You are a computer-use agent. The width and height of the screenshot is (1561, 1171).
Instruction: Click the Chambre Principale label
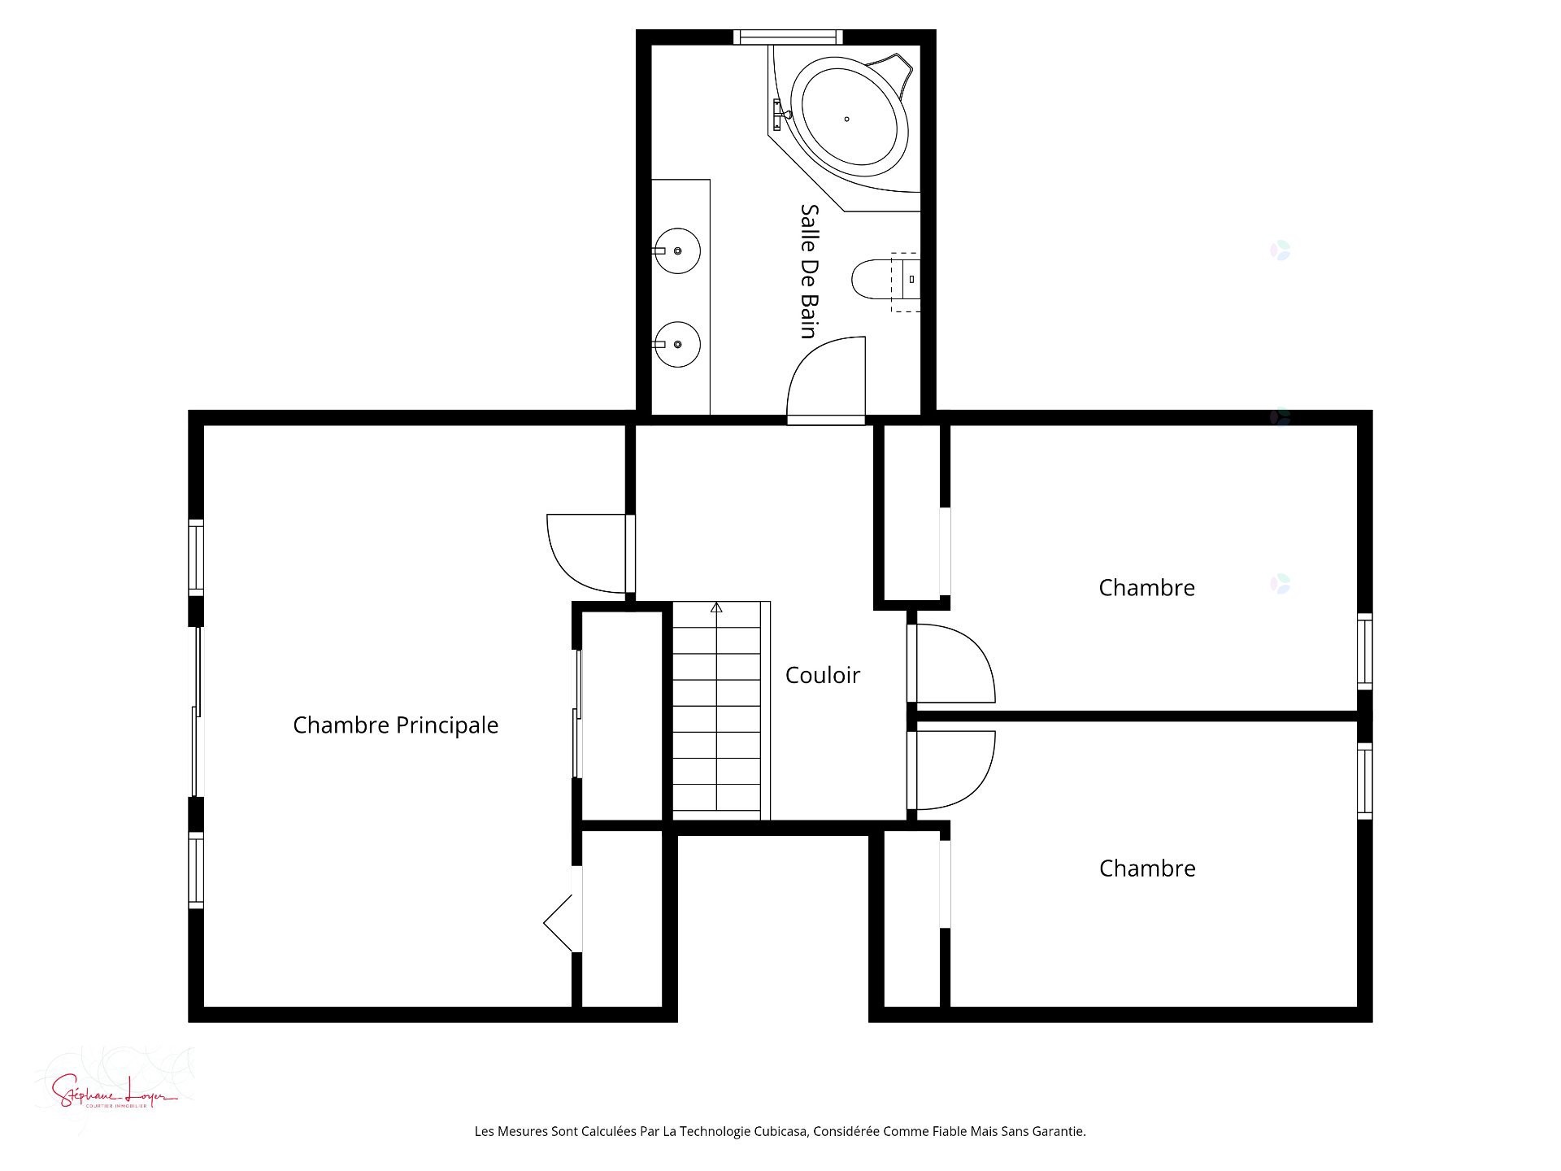pyautogui.click(x=395, y=725)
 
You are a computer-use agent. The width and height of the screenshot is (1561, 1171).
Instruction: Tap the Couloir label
pyautogui.click(x=822, y=675)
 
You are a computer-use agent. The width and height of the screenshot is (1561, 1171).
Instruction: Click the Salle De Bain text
pyautogui.click(x=808, y=271)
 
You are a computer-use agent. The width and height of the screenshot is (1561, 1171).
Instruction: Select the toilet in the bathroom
pyautogui.click(x=874, y=279)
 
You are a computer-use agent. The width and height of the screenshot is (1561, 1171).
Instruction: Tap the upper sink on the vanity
pyautogui.click(x=678, y=250)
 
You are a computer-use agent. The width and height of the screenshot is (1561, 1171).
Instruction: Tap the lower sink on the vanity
pyautogui.click(x=678, y=344)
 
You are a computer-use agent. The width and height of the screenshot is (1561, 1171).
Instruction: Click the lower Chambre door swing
pyautogui.click(x=951, y=770)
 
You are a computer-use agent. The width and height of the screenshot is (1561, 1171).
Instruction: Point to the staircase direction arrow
pyautogui.click(x=716, y=607)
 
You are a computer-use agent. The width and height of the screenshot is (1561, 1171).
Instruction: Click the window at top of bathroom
pyautogui.click(x=787, y=37)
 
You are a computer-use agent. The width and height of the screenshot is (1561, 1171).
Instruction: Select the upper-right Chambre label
pyautogui.click(x=1146, y=588)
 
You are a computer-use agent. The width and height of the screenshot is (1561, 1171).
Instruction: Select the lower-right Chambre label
pyautogui.click(x=1146, y=868)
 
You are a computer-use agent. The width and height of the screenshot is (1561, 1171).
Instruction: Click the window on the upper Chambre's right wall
pyautogui.click(x=1364, y=651)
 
